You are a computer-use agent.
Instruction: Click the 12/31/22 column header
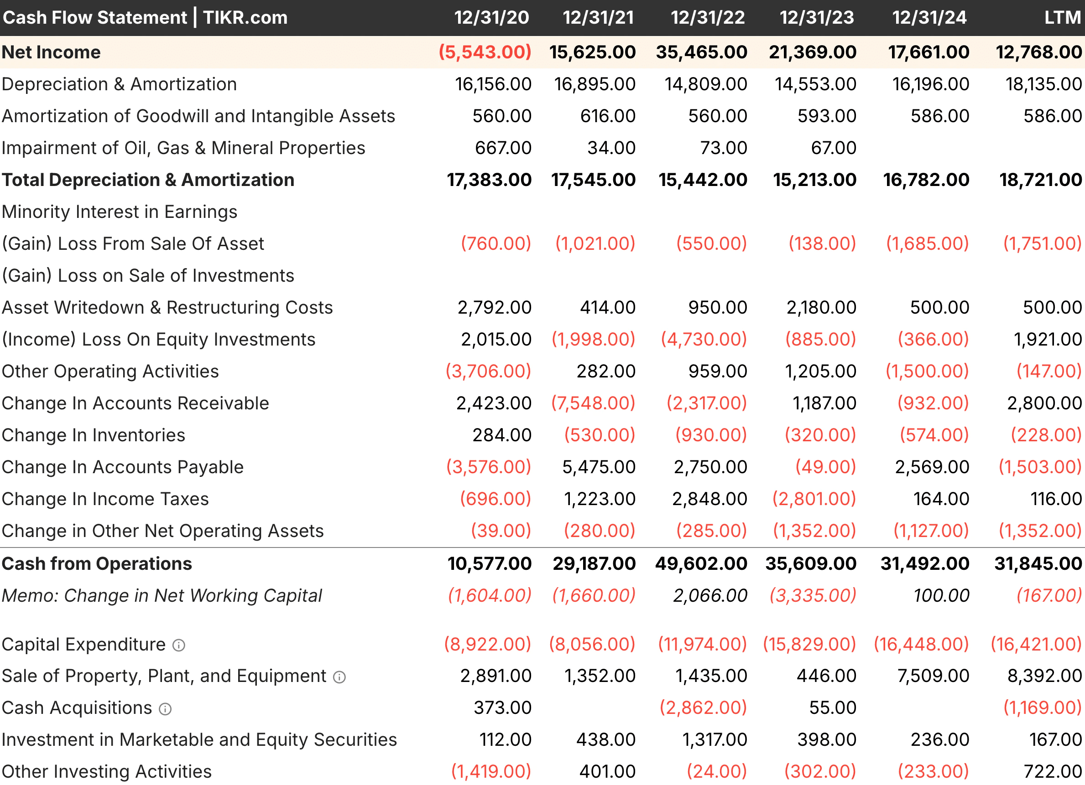pyautogui.click(x=708, y=18)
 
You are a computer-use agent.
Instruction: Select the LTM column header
pyautogui.click(x=1062, y=18)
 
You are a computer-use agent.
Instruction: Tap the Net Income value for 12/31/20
pyautogui.click(x=485, y=52)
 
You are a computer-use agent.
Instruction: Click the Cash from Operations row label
pyautogui.click(x=97, y=563)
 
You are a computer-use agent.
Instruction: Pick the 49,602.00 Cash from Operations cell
pyautogui.click(x=701, y=563)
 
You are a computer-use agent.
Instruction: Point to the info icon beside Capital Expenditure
pyautogui.click(x=179, y=646)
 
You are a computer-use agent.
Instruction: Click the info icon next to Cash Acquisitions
pyautogui.click(x=165, y=709)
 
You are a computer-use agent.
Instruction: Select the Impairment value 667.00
pyautogui.click(x=503, y=148)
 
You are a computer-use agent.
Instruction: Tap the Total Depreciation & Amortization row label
pyautogui.click(x=148, y=180)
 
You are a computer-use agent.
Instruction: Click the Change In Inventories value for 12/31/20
pyautogui.click(x=502, y=435)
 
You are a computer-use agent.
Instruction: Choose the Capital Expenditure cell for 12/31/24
pyautogui.click(x=921, y=644)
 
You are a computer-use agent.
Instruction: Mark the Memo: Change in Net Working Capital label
pyautogui.click(x=162, y=596)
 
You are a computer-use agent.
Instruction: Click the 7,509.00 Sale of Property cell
pyautogui.click(x=933, y=676)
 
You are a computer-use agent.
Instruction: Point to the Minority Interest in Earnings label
pyautogui.click(x=120, y=212)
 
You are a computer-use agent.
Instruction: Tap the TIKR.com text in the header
pyautogui.click(x=245, y=18)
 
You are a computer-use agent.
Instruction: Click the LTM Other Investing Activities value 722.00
pyautogui.click(x=1053, y=772)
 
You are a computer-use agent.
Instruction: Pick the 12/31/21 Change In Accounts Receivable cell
pyautogui.click(x=593, y=403)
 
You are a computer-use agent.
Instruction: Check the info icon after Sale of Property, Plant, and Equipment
pyautogui.click(x=339, y=677)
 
